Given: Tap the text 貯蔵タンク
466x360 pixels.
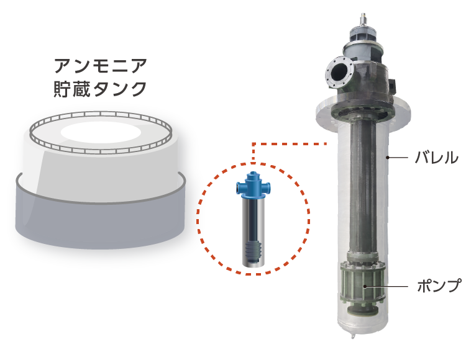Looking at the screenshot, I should [100, 89].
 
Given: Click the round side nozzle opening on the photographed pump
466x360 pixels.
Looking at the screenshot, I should [337, 71].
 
